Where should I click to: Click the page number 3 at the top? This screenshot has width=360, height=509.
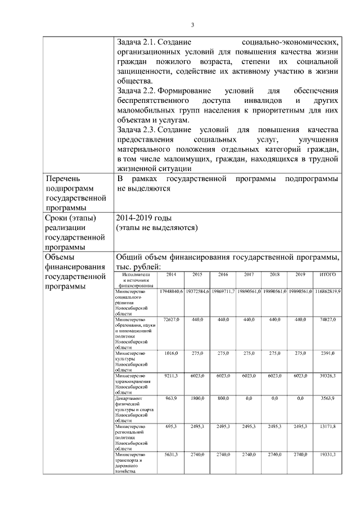(192, 25)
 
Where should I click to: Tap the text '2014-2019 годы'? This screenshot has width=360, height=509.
(144, 218)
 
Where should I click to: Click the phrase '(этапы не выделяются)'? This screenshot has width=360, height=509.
(157, 228)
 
